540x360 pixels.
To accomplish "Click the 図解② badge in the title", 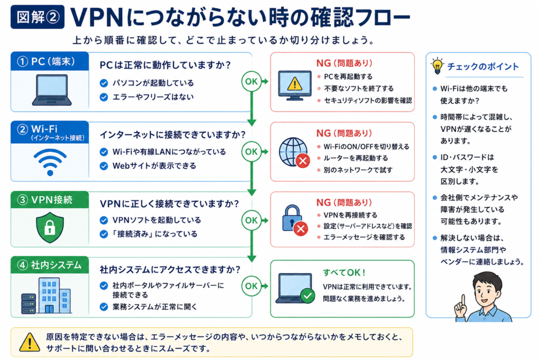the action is (x=37, y=16).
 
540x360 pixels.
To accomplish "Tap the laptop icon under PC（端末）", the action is (x=52, y=90).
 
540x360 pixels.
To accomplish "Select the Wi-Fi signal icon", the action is (x=50, y=162).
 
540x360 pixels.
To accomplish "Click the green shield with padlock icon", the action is (x=50, y=227).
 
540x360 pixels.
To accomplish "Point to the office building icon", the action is (x=47, y=296).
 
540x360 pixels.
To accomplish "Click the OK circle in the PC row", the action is (x=251, y=82).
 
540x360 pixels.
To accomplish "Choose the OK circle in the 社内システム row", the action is (x=251, y=286).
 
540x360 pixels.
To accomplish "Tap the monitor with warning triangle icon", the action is (x=294, y=85).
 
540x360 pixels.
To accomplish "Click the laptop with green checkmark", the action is (x=295, y=288).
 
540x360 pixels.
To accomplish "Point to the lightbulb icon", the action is (x=437, y=66).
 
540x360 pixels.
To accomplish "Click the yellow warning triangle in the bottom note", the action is (x=30, y=342).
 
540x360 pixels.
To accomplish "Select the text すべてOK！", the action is (x=344, y=273).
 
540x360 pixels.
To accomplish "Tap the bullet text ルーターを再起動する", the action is (x=355, y=158).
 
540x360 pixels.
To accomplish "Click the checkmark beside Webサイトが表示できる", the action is (x=104, y=166).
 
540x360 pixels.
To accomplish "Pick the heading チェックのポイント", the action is (x=483, y=66).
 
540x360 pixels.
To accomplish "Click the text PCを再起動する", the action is (x=348, y=76).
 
